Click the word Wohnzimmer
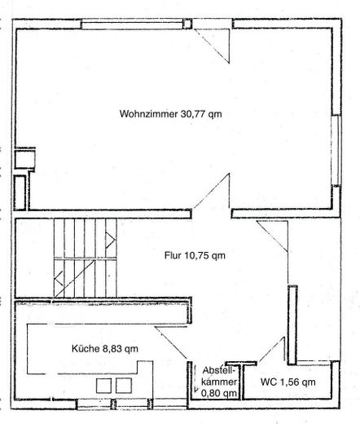[x=148, y=113]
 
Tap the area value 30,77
[x=193, y=114]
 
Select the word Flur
[x=173, y=255]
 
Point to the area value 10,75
[x=197, y=256]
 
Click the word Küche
[x=86, y=348]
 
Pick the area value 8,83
[x=112, y=348]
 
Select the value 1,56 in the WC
[x=289, y=382]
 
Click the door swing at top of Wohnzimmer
[x=212, y=46]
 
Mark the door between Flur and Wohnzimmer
[x=212, y=191]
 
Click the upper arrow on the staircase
[x=110, y=241]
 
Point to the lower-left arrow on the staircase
[x=59, y=279]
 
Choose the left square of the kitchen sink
[x=103, y=386]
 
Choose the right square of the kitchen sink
[x=124, y=386]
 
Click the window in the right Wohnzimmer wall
[x=336, y=150]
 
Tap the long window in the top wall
[x=132, y=25]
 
